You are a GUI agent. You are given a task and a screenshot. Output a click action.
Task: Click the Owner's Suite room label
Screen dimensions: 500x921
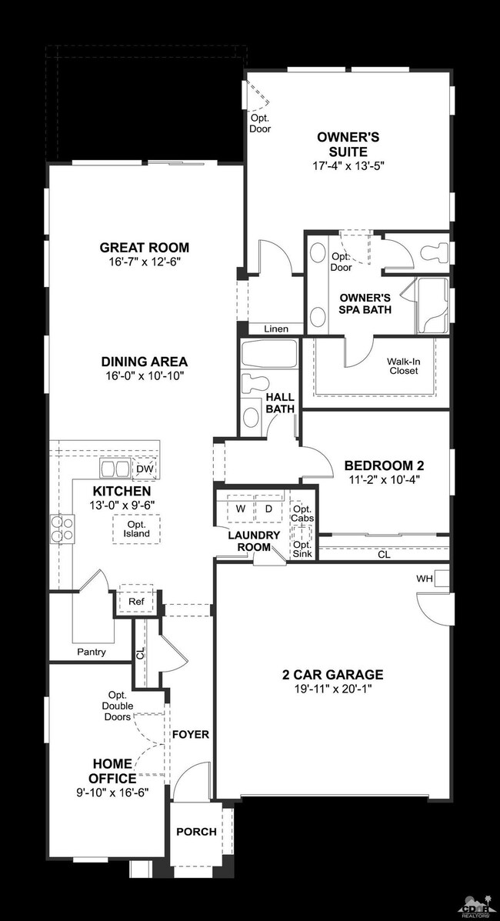coord(348,145)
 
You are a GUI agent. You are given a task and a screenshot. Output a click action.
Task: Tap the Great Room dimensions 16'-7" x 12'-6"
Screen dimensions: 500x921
coord(144,262)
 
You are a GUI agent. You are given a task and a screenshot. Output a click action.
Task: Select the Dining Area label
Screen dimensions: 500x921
coord(144,361)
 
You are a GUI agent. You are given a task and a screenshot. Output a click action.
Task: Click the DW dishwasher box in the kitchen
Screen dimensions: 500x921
coord(145,469)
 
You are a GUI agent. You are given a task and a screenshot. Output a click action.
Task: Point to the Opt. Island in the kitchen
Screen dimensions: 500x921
coord(136,529)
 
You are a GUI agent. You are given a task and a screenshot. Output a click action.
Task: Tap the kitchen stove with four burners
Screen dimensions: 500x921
coord(62,528)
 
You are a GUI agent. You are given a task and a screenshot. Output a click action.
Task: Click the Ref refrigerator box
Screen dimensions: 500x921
coord(136,601)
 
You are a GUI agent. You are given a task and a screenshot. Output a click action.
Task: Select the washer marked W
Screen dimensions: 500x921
coord(241,509)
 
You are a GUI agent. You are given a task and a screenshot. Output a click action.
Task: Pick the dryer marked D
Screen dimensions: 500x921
coord(268,509)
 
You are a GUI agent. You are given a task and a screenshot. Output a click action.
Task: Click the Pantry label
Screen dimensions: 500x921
coord(92,652)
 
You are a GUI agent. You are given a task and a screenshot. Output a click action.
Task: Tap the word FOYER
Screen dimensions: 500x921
coord(191,734)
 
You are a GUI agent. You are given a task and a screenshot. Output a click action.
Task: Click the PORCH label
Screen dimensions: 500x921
coord(197,832)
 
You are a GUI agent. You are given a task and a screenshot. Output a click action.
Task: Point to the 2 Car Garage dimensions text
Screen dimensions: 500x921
coord(332,688)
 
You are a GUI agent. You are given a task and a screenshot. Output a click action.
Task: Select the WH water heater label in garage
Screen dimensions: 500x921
coord(425,579)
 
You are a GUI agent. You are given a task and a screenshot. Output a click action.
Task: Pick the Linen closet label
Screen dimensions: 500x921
coord(276,329)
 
